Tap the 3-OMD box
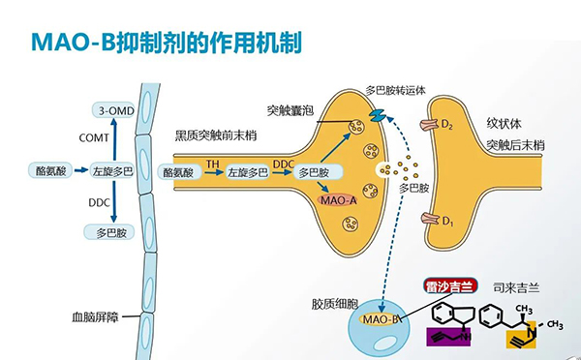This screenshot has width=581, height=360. pos(113,109)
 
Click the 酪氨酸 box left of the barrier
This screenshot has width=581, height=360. pos(49,171)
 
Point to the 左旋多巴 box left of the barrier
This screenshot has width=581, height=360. pos(113,171)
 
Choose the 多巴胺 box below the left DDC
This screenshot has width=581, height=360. pos(113,232)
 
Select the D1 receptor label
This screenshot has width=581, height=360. pos(447,223)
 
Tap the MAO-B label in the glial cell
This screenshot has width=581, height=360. pos(380,318)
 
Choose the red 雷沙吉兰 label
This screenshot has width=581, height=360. pos(449,286)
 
